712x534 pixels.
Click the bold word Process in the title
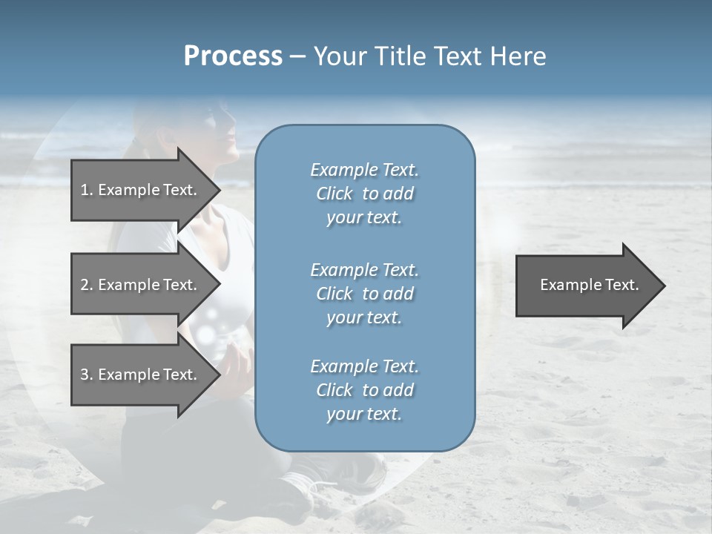(x=233, y=56)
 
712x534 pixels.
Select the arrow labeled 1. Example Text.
(x=141, y=190)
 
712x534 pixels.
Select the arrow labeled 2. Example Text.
(x=141, y=285)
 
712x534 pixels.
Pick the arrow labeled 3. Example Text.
(x=141, y=375)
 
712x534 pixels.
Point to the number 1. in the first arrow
(x=87, y=190)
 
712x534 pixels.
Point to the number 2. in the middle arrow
(x=87, y=285)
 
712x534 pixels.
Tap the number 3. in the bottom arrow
(x=87, y=375)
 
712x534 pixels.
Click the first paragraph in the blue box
(x=364, y=194)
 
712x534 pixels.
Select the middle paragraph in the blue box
(x=364, y=293)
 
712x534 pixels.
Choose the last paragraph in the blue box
(x=364, y=390)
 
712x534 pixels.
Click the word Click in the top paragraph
(x=334, y=194)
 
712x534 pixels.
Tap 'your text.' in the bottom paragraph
(x=364, y=414)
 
